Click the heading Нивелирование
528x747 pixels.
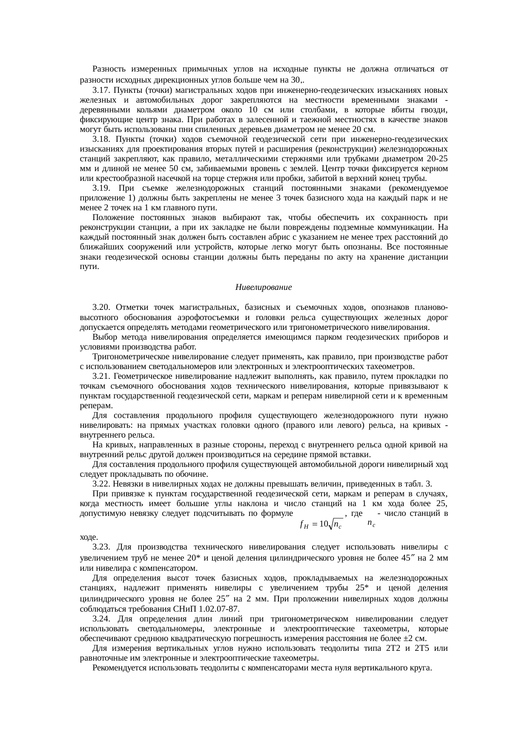coord(263,287)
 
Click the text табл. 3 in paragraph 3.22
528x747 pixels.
coord(422,484)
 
